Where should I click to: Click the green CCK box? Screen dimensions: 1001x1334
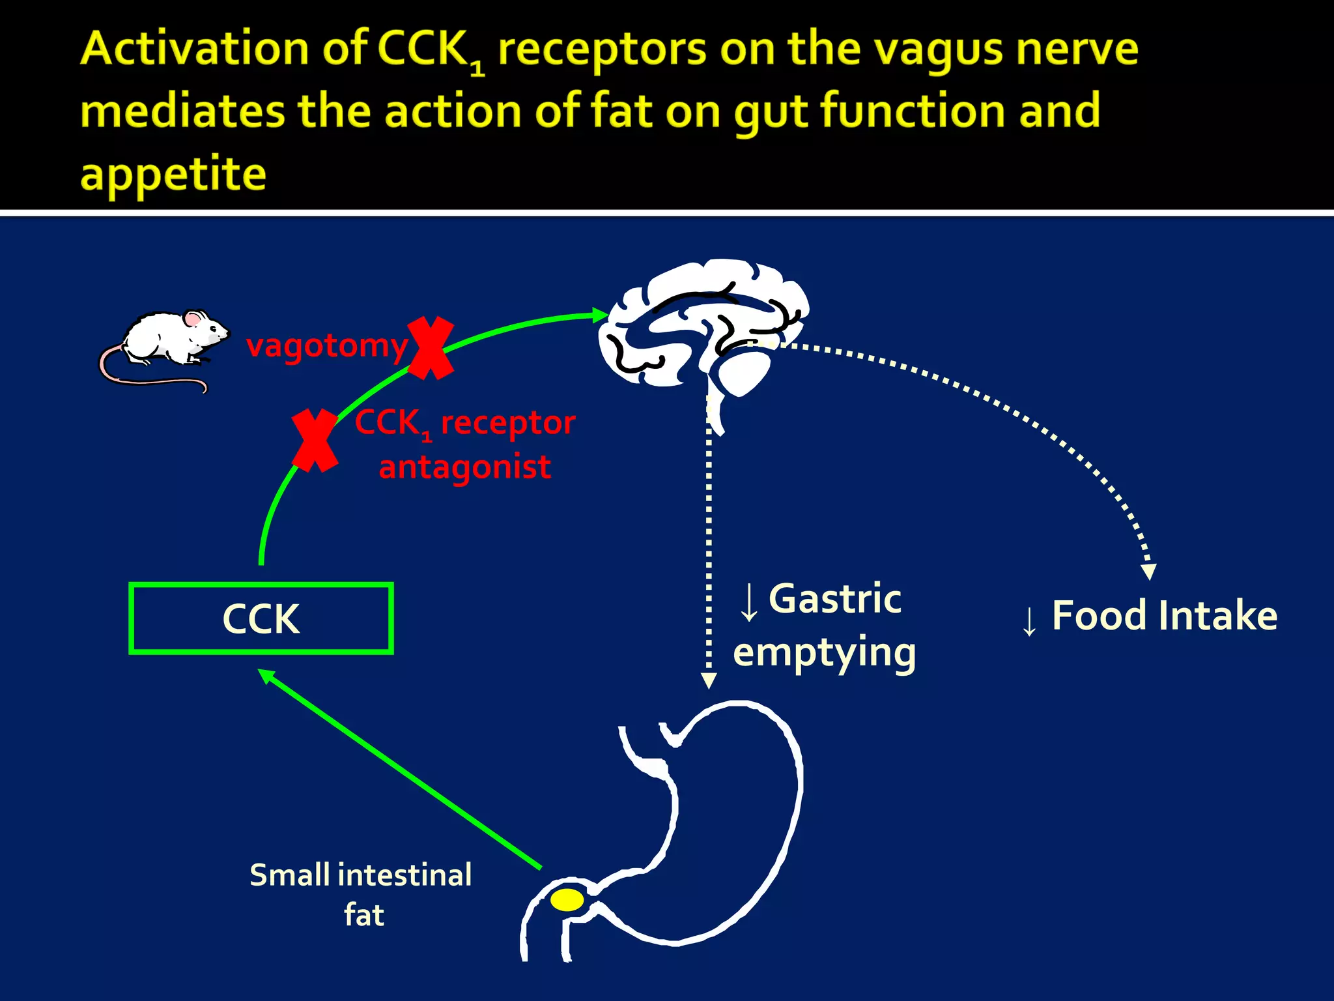click(x=261, y=618)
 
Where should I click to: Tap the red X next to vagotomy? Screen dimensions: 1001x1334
click(x=430, y=348)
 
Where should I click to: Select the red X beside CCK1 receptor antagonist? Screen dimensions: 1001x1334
click(x=315, y=441)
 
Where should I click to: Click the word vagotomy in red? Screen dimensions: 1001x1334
click(x=326, y=345)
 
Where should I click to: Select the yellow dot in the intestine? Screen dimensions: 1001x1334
click(x=567, y=900)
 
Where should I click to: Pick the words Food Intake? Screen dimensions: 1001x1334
click(x=1164, y=616)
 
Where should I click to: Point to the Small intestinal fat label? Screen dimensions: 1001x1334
click(x=361, y=893)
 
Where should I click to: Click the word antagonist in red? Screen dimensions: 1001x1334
click(x=464, y=467)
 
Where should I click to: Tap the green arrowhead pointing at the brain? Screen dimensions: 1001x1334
click(x=600, y=315)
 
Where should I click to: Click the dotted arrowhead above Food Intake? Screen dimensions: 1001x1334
click(x=1149, y=572)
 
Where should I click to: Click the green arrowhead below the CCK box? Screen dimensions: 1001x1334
click(x=266, y=676)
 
